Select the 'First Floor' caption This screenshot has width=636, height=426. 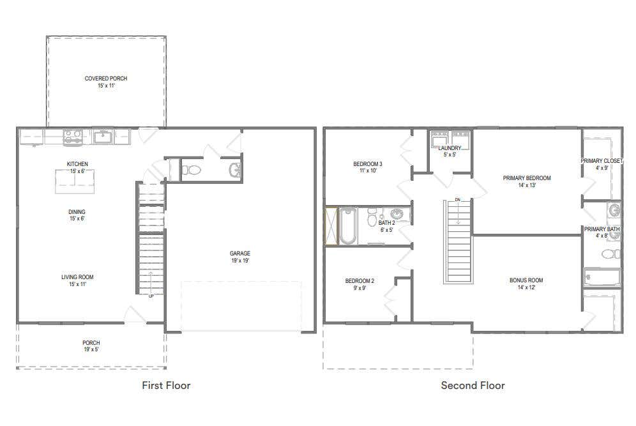pos(166,385)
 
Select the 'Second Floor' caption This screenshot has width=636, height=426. pos(473,385)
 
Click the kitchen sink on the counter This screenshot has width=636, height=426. pos(103,137)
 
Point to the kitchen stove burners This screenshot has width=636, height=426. pos(73,137)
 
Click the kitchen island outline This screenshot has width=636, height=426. pos(75,181)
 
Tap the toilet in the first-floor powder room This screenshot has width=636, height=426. pos(191,170)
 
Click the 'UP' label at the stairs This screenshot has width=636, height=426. pos(151,296)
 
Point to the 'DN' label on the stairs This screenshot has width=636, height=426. pos(458,200)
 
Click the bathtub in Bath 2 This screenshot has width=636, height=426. pos(348,226)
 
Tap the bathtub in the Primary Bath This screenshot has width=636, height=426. pos(602,278)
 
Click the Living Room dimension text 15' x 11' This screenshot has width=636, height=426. pos(77,284)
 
